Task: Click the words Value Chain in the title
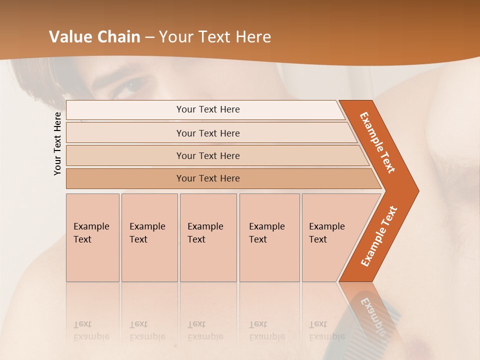click(x=94, y=37)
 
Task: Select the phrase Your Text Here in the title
click(x=215, y=37)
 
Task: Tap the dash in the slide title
click(x=149, y=37)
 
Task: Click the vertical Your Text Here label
click(x=57, y=143)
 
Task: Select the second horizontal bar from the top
click(x=208, y=133)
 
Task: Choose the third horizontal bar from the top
click(x=208, y=155)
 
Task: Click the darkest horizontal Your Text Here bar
click(x=208, y=178)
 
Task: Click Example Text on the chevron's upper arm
click(x=377, y=142)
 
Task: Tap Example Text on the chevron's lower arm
click(x=379, y=236)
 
